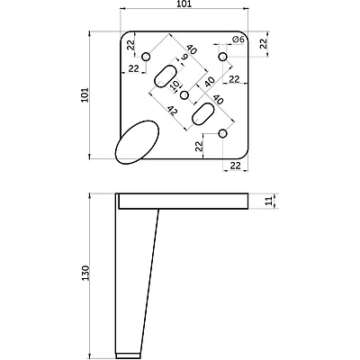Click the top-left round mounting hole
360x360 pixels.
click(146, 57)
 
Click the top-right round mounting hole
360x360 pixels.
click(222, 57)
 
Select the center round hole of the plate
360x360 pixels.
click(184, 95)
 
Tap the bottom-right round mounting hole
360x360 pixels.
click(222, 133)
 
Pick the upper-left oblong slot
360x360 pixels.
click(166, 76)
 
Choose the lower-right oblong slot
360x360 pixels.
click(202, 114)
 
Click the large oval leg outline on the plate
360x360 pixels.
click(137, 142)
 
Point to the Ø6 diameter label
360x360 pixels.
click(238, 40)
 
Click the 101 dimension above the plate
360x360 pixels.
click(184, 4)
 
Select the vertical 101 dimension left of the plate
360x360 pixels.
click(85, 94)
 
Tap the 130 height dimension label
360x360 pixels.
click(85, 273)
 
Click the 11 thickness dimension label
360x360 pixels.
click(271, 201)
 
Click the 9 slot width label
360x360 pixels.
click(184, 58)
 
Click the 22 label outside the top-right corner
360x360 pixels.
click(263, 43)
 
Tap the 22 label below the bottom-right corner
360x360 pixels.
click(236, 166)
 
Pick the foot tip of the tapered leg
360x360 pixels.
click(128, 356)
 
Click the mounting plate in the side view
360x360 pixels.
click(184, 201)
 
